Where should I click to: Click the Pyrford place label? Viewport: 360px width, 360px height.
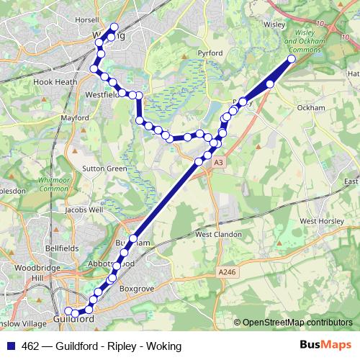click(x=210, y=53)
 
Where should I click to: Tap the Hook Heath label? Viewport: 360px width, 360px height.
click(x=55, y=83)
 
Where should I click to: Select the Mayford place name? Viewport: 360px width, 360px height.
click(x=75, y=117)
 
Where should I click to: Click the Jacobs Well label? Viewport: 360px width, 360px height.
click(x=84, y=210)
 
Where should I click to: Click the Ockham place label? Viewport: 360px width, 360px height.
click(x=312, y=108)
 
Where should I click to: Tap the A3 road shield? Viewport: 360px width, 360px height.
click(x=217, y=163)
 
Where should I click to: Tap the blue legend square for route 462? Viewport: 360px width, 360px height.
click(x=10, y=346)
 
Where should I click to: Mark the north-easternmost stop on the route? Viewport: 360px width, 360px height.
click(x=292, y=59)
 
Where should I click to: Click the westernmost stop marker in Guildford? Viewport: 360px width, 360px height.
click(x=68, y=310)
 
